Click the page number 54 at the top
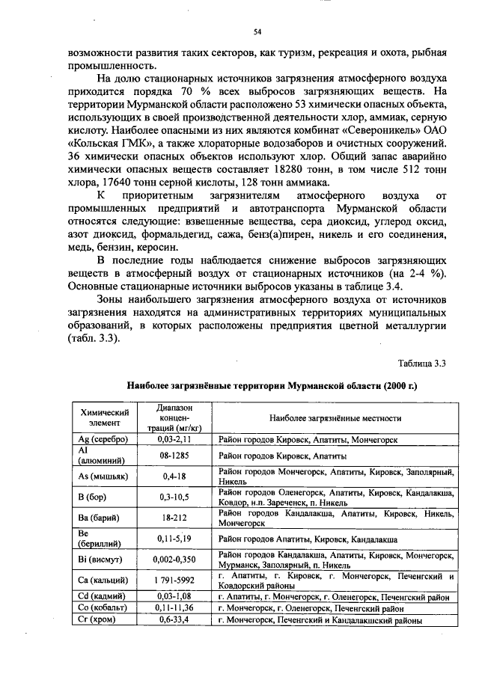(x=257, y=31)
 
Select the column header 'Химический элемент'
(x=105, y=418)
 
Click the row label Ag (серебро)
(x=103, y=440)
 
